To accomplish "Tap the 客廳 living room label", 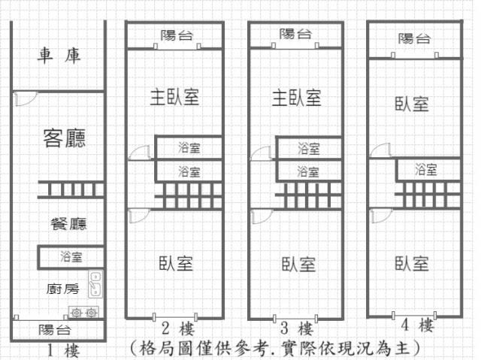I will (64, 138).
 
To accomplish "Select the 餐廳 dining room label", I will (68, 224).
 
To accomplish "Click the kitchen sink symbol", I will (95, 283).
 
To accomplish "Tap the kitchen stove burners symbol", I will (83, 312).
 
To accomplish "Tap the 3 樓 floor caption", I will (296, 328).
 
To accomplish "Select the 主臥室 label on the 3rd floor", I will (297, 97).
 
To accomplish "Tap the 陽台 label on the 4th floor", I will (414, 38).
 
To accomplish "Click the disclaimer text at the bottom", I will (274, 349).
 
